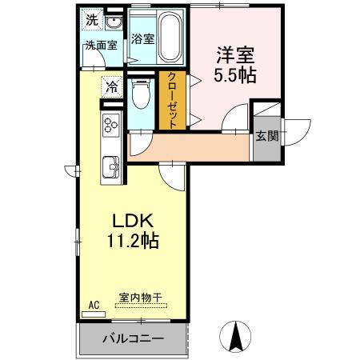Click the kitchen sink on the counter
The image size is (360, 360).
coord(110,168)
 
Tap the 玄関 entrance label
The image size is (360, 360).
coord(267,136)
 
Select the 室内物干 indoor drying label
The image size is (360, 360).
coord(141,298)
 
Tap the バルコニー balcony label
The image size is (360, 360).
coord(133,339)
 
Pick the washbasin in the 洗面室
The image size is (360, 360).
coord(113,22)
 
